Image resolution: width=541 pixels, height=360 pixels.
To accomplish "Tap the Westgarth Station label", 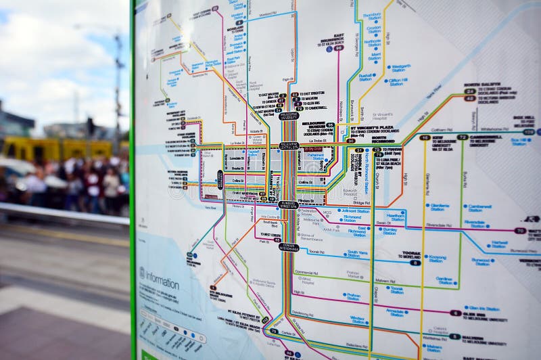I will [400, 68].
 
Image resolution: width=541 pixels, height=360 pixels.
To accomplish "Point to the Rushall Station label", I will [368, 77].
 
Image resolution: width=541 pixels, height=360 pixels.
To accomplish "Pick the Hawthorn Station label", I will [395, 217].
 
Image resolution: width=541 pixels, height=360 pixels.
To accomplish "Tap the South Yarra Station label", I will [358, 254].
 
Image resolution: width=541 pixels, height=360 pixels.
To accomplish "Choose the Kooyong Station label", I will [437, 258].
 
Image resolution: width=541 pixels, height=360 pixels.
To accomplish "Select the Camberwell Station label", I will [479, 208].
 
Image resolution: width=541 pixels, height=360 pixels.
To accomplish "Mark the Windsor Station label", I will [358, 319].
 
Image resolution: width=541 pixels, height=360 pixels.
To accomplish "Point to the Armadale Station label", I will [396, 312].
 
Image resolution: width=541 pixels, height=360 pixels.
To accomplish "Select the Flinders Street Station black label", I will [287, 203].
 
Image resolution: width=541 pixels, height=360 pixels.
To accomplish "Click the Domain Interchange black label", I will [289, 247].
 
